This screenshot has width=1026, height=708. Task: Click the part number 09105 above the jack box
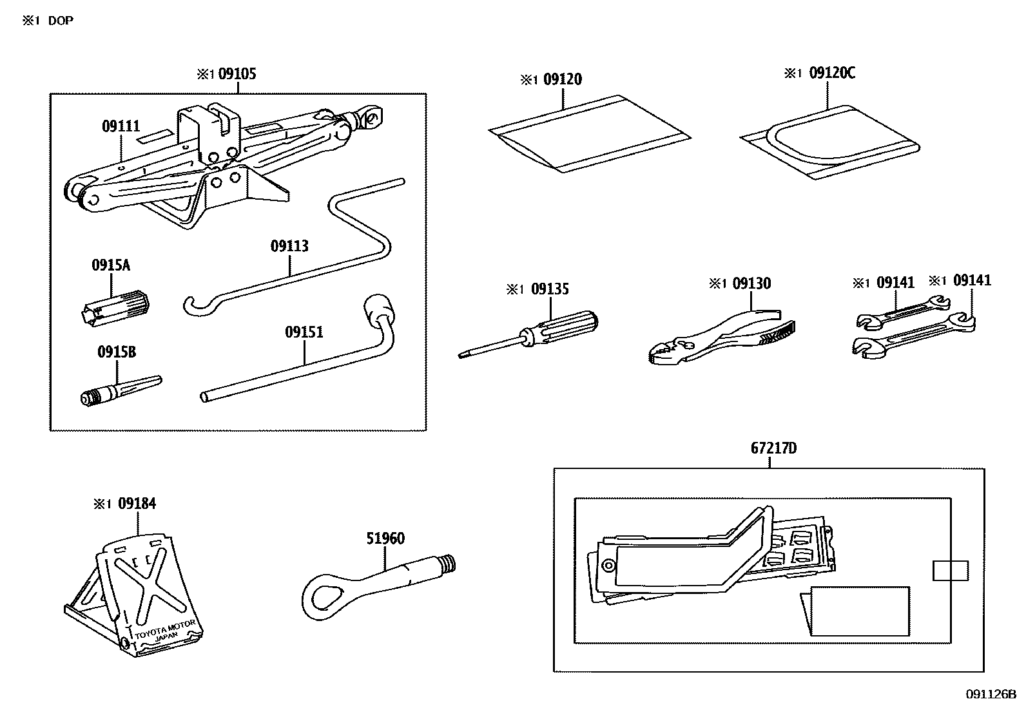(x=237, y=74)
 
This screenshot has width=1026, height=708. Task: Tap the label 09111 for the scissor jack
(x=121, y=126)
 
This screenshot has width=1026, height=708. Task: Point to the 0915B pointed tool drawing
(x=120, y=390)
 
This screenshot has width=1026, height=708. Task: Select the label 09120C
(x=831, y=73)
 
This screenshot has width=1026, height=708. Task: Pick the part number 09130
(x=751, y=283)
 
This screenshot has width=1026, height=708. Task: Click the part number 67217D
(x=773, y=448)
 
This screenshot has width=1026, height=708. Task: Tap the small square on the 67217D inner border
(x=950, y=570)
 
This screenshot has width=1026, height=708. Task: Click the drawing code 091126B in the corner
(x=990, y=694)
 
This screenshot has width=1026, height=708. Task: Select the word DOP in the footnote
(x=61, y=21)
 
